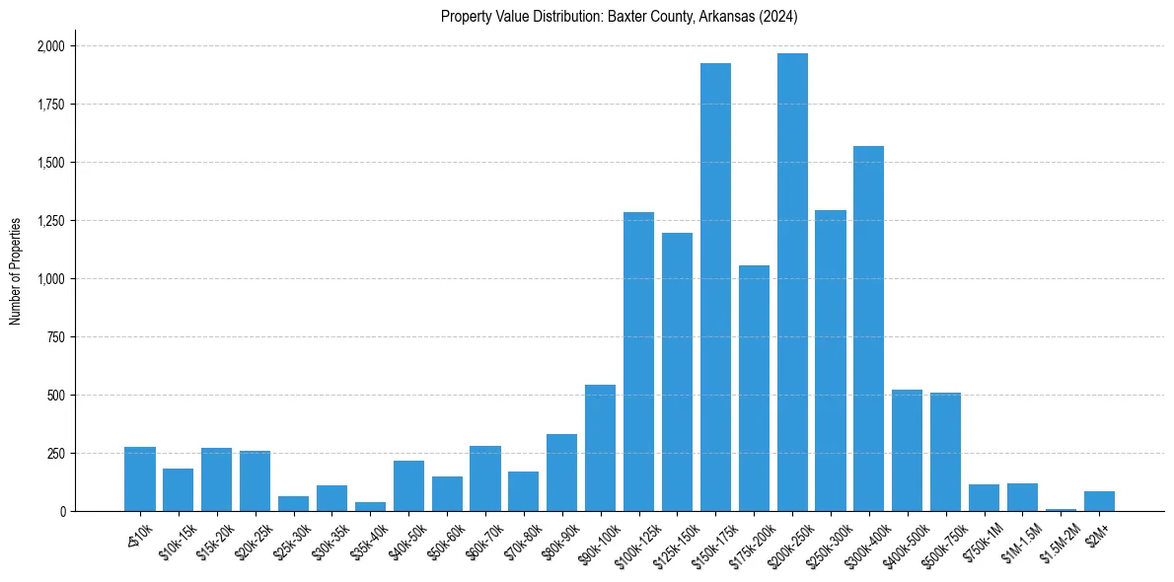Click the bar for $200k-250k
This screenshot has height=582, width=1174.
792,282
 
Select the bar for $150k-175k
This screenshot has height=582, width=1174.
715,287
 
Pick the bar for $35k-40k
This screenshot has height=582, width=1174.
370,507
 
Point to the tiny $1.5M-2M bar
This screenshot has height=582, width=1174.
1061,510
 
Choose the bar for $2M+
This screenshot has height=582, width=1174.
1099,501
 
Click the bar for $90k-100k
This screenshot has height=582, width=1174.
600,448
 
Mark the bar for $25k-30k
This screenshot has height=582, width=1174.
293,504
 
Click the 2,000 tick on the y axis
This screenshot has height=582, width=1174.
50,46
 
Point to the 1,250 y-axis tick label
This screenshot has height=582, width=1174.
50,221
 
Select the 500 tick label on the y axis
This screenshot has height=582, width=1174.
56,396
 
